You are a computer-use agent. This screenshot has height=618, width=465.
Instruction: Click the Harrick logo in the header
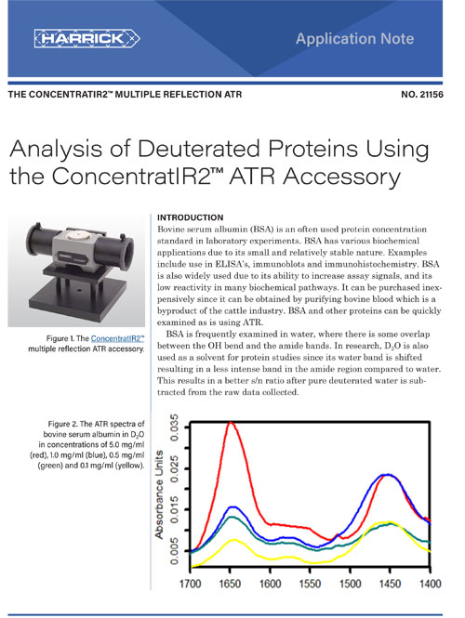click(86, 38)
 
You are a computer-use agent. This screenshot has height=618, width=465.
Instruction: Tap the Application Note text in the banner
click(354, 39)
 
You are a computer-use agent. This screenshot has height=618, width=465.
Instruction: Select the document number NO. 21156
click(422, 95)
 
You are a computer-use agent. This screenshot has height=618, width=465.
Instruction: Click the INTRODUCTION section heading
click(190, 217)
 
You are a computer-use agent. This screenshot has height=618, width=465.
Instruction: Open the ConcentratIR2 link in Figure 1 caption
click(117, 338)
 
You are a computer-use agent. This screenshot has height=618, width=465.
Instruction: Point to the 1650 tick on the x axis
click(230, 584)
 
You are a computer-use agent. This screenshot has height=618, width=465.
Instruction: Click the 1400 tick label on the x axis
click(430, 584)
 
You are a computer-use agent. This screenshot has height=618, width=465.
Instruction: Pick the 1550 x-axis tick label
click(310, 584)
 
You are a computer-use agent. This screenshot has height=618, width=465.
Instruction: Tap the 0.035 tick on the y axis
click(174, 427)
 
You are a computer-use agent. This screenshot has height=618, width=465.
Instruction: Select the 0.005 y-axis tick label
click(174, 551)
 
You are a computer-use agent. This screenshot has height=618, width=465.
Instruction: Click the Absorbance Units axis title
click(159, 494)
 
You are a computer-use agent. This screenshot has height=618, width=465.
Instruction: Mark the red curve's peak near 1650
click(231, 423)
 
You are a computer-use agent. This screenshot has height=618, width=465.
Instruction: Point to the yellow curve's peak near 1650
click(234, 540)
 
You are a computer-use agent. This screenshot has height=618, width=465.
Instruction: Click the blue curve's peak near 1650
click(233, 507)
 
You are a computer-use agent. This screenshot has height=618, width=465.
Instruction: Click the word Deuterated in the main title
click(199, 149)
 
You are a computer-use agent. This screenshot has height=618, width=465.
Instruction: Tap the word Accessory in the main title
click(341, 177)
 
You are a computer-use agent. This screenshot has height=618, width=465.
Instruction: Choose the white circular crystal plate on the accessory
click(77, 236)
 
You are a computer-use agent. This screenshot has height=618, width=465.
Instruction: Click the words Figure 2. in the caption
click(62, 424)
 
